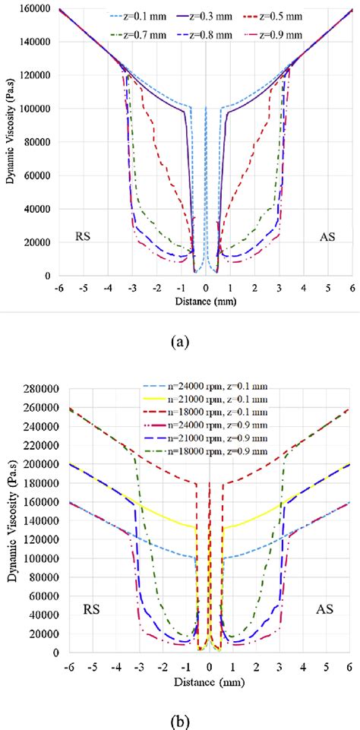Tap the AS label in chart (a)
329,236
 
